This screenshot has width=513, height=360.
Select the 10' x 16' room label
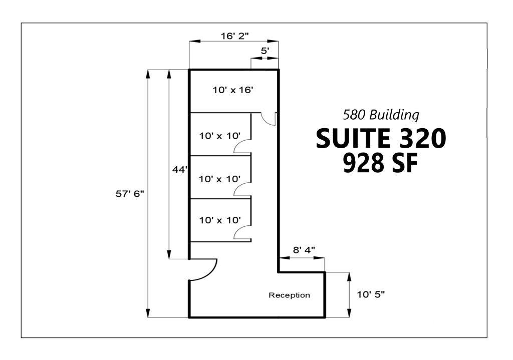click(233, 90)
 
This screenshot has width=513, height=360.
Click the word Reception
click(289, 295)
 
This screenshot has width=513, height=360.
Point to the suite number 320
click(421, 139)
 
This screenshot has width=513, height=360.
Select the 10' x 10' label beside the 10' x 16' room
click(220, 135)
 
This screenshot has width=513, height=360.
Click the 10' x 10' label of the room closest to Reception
click(220, 219)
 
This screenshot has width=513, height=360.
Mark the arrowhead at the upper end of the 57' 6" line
click(148, 73)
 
